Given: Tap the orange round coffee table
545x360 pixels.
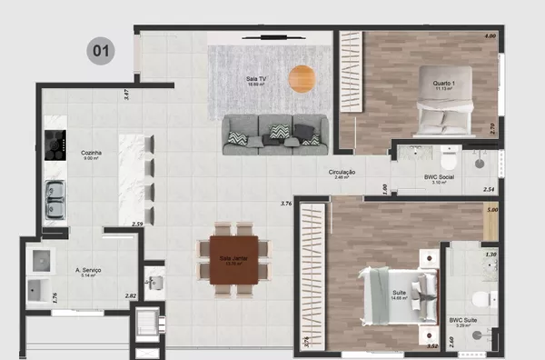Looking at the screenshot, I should pyautogui.click(x=301, y=79).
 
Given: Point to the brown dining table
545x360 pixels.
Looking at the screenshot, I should pyautogui.click(x=233, y=258).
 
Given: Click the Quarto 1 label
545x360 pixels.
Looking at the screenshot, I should pyautogui.click(x=442, y=85).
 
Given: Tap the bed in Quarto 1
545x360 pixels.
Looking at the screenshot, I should pyautogui.click(x=444, y=114).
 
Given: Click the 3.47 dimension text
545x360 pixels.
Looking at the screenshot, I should pyautogui.click(x=126, y=93).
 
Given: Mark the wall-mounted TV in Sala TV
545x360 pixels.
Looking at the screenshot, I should pyautogui.click(x=265, y=37).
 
